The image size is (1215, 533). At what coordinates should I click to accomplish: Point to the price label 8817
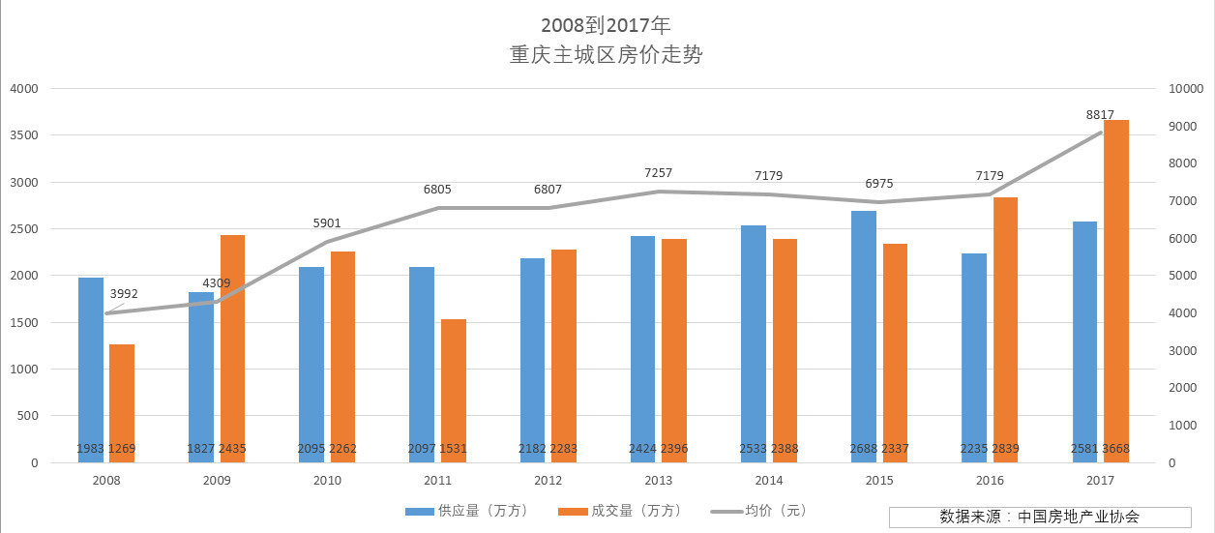(1100, 114)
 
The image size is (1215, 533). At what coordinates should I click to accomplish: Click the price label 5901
(327, 223)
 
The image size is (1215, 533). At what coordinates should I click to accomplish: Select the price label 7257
(658, 173)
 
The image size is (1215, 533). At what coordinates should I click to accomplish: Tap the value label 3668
(1116, 449)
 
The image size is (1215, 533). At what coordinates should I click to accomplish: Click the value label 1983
(91, 449)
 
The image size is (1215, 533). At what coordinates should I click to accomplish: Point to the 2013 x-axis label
(658, 481)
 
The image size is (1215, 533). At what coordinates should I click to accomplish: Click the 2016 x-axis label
(990, 481)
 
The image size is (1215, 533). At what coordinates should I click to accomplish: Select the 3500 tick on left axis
(23, 135)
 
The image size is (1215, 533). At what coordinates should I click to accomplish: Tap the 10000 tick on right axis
(1184, 89)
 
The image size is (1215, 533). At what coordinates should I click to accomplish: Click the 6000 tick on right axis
(1181, 239)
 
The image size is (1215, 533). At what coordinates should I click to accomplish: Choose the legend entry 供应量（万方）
(468, 511)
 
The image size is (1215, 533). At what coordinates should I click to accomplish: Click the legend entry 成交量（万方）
(622, 511)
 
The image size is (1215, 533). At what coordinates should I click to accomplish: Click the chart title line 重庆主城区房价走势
(607, 55)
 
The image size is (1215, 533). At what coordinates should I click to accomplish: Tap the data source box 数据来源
(1025, 517)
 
